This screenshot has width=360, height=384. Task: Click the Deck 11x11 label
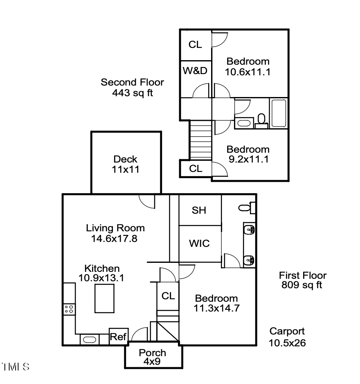coord(126,164)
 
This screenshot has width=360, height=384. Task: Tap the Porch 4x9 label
coord(152,357)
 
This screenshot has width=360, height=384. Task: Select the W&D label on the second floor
coord(195,71)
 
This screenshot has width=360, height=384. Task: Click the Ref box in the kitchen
coord(117,337)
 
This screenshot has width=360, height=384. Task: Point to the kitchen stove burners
coord(69,309)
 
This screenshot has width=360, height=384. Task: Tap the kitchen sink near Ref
coord(89,339)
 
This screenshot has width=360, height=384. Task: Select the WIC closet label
coord(199,244)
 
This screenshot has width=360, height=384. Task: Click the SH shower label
coord(199,210)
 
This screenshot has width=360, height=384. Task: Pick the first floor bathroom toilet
coord(246,208)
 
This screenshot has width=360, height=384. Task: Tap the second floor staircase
coord(200,139)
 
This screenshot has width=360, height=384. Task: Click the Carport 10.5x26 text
coord(287,337)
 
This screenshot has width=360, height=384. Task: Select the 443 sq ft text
coord(132,93)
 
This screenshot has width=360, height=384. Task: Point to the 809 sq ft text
coord(302,285)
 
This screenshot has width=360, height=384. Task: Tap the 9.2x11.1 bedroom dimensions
coord(248,159)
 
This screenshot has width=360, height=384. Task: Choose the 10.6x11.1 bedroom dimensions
coord(248,72)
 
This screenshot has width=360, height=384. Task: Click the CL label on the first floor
coord(168,296)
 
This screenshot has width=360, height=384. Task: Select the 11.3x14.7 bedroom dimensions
coord(216,308)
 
